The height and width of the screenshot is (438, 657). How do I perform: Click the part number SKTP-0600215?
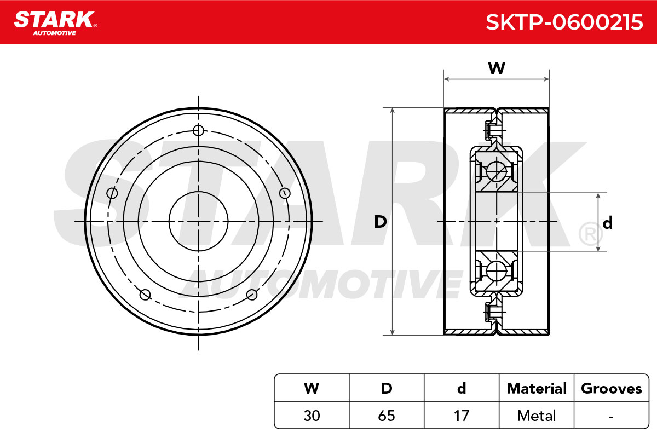[564, 22]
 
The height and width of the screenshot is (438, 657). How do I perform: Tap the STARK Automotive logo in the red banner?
[55, 23]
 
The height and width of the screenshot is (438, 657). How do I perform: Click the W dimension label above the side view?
[497, 68]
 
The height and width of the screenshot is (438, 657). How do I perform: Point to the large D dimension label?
[381, 222]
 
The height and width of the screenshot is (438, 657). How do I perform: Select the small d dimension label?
[607, 223]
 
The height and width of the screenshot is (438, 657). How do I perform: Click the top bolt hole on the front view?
[199, 130]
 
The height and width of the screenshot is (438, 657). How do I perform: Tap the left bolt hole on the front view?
[112, 193]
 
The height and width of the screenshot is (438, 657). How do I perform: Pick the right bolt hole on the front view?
[285, 193]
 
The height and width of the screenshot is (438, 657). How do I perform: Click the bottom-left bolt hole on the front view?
[145, 295]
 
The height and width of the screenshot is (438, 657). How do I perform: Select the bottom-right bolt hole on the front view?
[252, 295]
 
